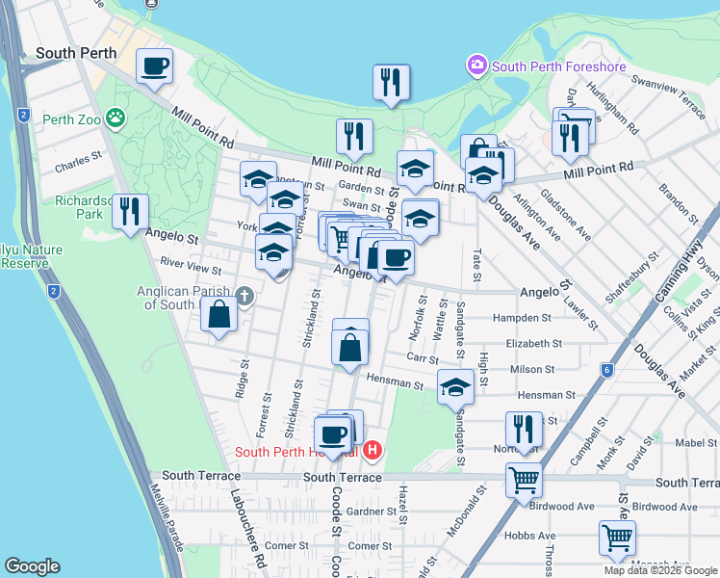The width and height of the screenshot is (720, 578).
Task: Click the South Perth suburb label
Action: point(76,53)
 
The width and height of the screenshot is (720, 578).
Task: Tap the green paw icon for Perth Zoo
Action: point(116,118)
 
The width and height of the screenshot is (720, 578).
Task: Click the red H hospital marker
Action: point(373,450)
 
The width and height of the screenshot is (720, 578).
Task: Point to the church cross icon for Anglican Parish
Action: point(244,295)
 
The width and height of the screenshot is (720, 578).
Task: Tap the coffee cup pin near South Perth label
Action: point(154,67)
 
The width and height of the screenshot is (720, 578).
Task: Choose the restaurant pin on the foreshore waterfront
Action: point(392,83)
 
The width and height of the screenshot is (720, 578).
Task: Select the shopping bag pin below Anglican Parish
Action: point(219,315)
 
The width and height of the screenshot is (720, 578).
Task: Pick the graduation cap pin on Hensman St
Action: point(455,387)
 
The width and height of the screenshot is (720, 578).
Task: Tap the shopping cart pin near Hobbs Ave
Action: point(617,538)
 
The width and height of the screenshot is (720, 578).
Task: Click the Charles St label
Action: point(79,160)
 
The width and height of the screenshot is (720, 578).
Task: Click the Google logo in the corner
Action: point(33,566)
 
